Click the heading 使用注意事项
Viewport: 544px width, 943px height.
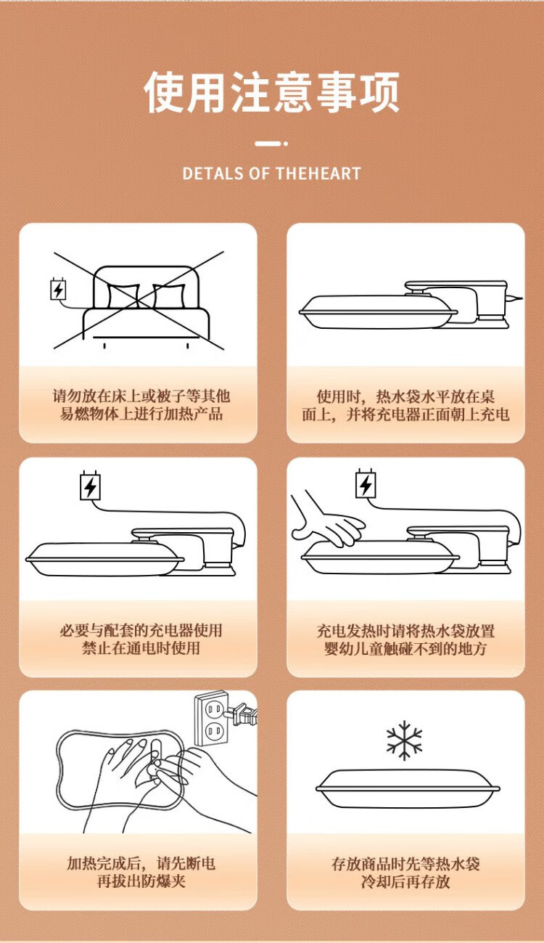coord(271,92)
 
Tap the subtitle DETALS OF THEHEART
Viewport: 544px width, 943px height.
coord(272,174)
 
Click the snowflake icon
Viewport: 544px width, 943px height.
coord(404,740)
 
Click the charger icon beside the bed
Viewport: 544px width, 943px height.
coord(58,288)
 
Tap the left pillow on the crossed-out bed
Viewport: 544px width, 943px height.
coord(123,296)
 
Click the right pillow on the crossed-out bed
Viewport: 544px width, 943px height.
coord(169,296)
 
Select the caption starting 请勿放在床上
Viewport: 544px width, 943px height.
coord(141,405)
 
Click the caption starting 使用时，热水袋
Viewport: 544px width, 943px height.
coord(405,406)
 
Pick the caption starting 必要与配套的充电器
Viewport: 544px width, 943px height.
coord(141,639)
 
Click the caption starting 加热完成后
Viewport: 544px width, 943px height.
coord(141,873)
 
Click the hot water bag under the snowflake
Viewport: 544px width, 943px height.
coord(408,788)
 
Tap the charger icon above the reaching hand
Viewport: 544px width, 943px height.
coord(366,483)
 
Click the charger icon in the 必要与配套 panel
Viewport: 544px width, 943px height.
coord(91,486)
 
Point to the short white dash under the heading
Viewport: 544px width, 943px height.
coord(268,144)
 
